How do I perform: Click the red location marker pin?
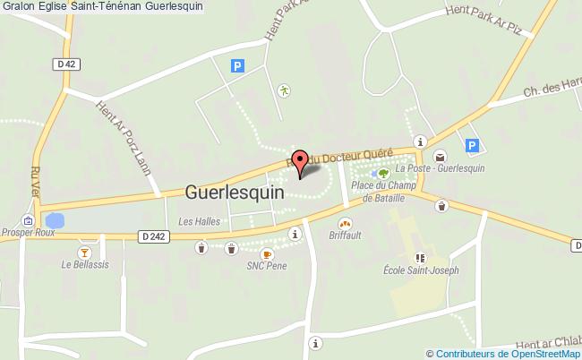coord(301,160)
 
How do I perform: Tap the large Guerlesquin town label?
coord(235,191)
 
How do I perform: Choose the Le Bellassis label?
coord(80,265)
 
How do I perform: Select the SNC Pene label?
coord(265,265)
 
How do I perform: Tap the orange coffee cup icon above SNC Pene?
coord(266,253)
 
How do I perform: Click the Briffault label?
coord(345,236)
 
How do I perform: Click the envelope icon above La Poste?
coord(441,155)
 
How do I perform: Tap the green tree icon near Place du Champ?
coord(383,173)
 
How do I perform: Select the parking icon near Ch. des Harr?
coord(473,145)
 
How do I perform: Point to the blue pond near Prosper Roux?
coord(55,219)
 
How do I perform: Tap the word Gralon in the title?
coord(18,6)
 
